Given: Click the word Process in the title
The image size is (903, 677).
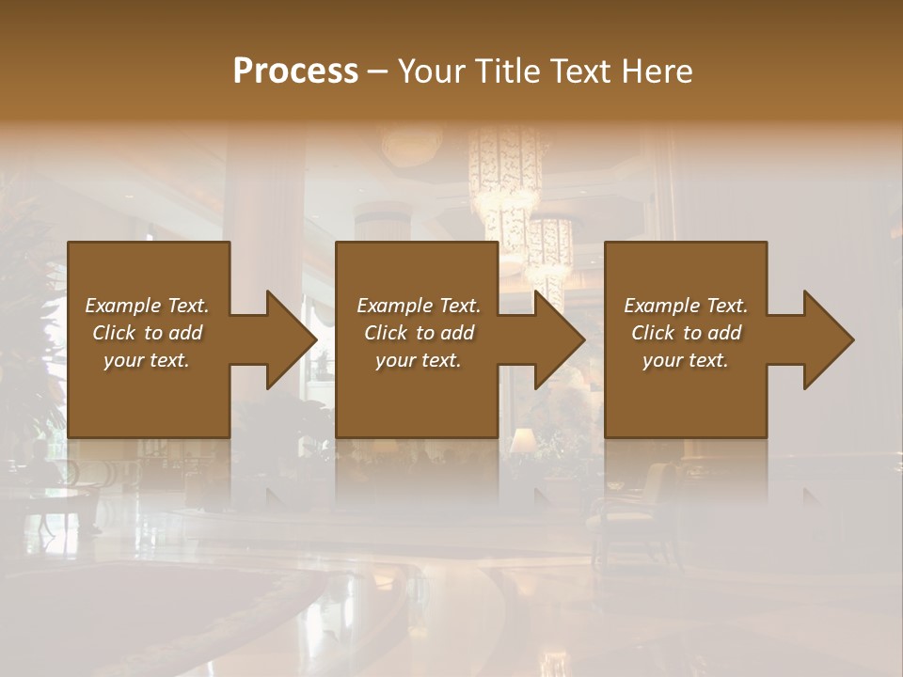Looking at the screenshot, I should click(295, 71).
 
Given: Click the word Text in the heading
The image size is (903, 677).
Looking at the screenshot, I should click(579, 71).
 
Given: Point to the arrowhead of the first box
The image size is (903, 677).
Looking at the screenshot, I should click(292, 339).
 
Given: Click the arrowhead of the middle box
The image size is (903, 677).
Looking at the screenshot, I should click(561, 339).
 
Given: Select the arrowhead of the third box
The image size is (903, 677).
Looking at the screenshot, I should click(829, 339).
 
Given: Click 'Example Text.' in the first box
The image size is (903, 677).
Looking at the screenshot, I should click(148, 306).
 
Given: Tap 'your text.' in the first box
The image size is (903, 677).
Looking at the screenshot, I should click(148, 360).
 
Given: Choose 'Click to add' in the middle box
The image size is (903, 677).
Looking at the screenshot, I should click(419, 333).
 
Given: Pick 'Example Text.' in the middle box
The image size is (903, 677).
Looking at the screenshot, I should click(419, 306).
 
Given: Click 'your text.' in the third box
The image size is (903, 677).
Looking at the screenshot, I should click(686, 360).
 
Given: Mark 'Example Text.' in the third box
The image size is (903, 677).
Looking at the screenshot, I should click(686, 306).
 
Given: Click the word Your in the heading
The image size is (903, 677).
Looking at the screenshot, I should click(434, 71).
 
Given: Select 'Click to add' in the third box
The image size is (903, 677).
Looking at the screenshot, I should click(686, 333).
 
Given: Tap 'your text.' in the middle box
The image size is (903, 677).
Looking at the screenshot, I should click(419, 360).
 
